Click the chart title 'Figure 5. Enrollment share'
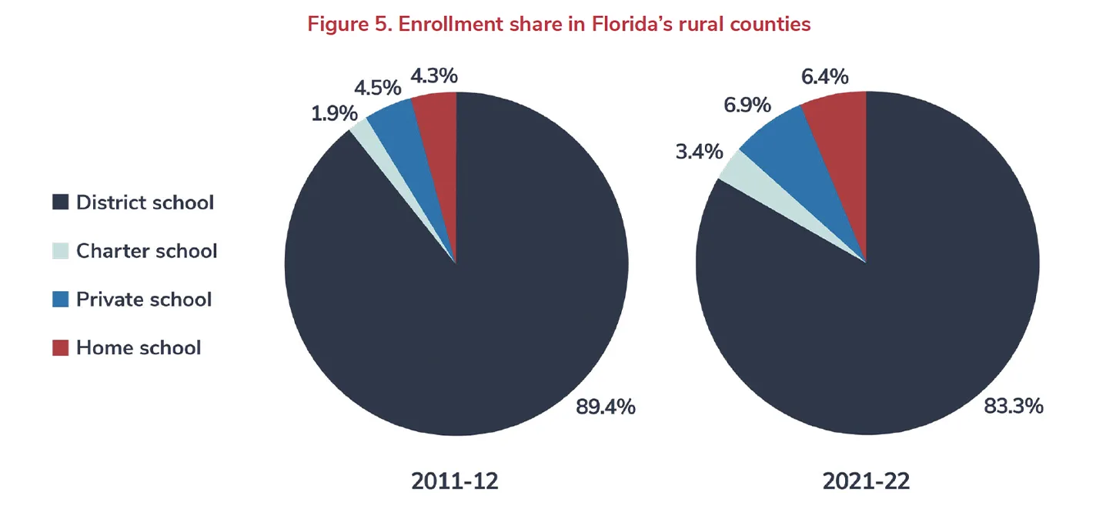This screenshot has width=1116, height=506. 559,24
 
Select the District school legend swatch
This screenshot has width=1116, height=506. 61,203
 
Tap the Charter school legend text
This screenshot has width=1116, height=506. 146,251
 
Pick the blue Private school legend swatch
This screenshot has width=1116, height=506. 61,299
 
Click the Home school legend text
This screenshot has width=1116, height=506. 139,347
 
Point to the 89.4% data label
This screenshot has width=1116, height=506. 606,407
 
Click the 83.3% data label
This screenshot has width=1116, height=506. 1014,406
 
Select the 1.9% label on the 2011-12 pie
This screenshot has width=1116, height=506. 334,113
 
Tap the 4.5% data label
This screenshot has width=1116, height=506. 378,85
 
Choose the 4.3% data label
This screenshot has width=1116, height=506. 434,75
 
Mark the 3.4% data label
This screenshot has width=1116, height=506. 699,151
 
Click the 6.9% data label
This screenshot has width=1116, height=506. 747,105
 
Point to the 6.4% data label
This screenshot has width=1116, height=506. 824,76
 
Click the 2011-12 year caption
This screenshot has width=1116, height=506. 455,481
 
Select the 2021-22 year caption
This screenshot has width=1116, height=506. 866,481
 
